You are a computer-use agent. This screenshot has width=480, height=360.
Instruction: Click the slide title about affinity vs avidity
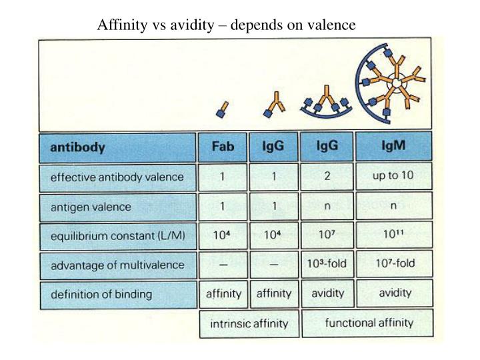coord(227,25)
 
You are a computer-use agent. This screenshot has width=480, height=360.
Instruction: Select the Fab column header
coord(222,147)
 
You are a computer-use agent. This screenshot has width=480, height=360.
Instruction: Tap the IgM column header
coord(393,146)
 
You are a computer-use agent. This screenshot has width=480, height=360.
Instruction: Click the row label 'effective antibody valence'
coord(117,177)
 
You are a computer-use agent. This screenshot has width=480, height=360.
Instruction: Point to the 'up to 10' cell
coord(393,176)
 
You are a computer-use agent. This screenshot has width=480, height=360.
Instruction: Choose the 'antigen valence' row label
coord(117,207)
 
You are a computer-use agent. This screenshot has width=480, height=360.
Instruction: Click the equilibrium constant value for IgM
coord(393,235)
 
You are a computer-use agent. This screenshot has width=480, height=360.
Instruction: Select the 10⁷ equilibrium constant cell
coord(327,235)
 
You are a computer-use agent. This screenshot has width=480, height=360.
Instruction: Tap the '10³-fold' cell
coord(327,264)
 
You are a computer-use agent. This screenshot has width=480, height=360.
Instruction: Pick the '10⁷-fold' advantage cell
coord(393,263)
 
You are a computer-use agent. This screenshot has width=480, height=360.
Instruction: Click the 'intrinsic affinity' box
coord(249,325)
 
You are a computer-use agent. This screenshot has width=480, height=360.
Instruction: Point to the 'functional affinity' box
coord(369,323)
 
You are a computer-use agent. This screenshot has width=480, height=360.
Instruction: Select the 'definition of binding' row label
coord(117,293)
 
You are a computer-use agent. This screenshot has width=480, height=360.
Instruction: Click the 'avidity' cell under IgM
coord(395,293)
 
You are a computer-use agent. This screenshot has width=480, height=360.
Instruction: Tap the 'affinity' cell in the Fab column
coord(222,293)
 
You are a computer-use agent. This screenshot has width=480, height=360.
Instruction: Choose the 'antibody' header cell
coord(117,147)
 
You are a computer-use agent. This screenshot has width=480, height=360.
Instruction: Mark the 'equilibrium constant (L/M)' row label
coord(117,236)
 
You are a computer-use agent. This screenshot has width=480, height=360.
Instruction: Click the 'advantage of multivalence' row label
coord(117,265)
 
